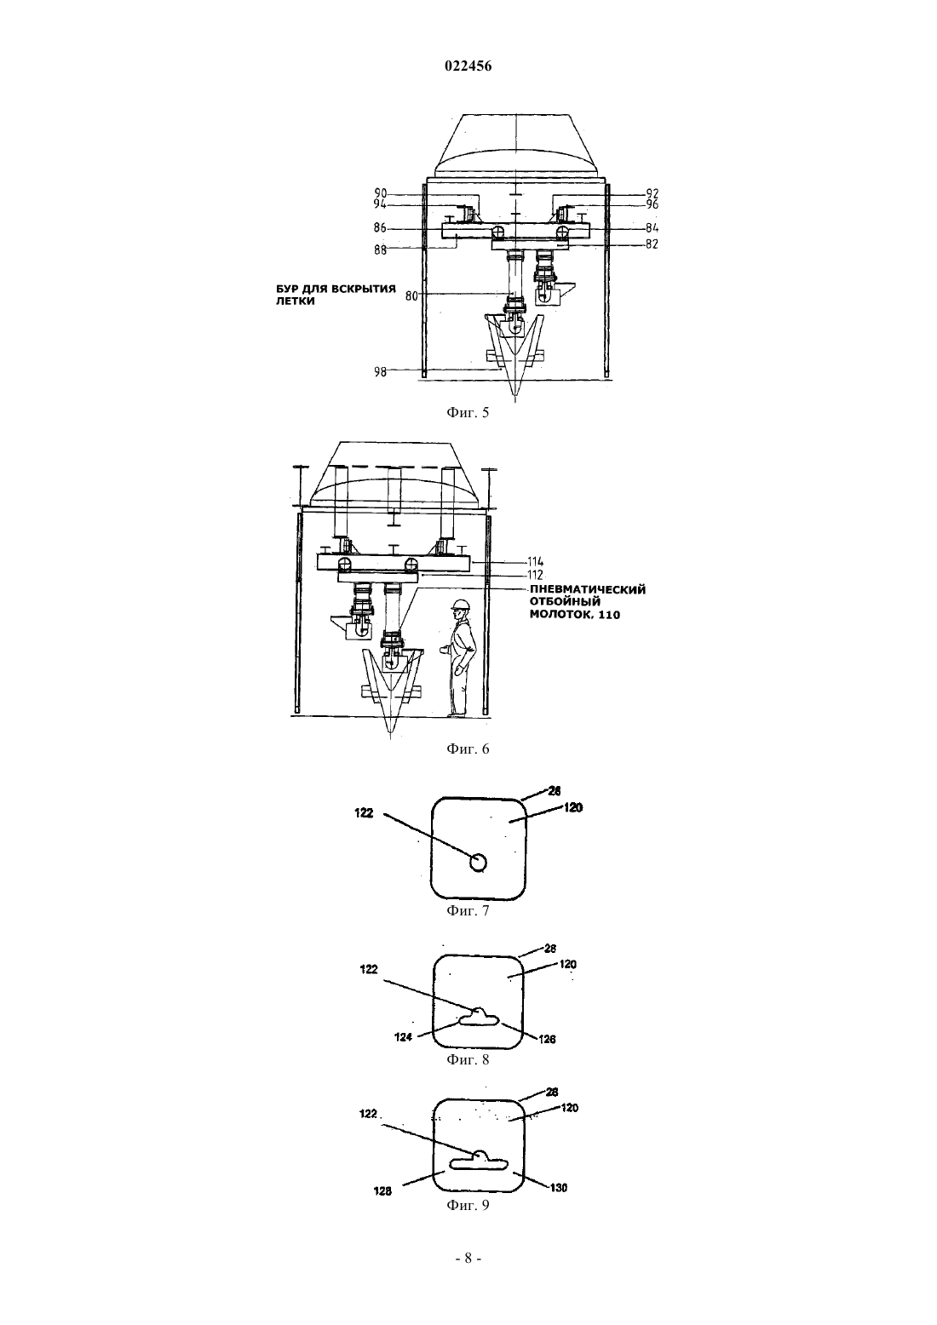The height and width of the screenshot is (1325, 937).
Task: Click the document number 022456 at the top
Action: point(468,66)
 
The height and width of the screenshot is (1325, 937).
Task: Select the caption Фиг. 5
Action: point(468,413)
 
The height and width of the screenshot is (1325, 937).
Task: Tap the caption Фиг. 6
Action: point(468,749)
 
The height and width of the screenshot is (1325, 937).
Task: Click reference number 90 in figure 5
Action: point(381,193)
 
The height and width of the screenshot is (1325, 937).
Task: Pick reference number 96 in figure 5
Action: point(652,204)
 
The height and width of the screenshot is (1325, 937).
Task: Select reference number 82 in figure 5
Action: point(652,244)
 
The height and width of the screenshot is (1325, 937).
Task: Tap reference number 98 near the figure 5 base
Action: point(381,372)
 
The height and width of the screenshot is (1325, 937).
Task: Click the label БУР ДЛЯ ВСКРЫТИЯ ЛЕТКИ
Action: point(336,295)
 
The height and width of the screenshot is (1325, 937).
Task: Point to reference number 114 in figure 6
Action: point(535,563)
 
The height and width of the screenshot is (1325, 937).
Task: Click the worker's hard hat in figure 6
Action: point(460,604)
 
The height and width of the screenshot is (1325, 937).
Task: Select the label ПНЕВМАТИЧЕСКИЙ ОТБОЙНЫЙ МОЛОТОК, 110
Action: point(588,602)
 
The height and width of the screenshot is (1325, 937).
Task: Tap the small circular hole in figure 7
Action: point(477,863)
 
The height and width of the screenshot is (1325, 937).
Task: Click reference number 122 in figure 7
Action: point(364,813)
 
